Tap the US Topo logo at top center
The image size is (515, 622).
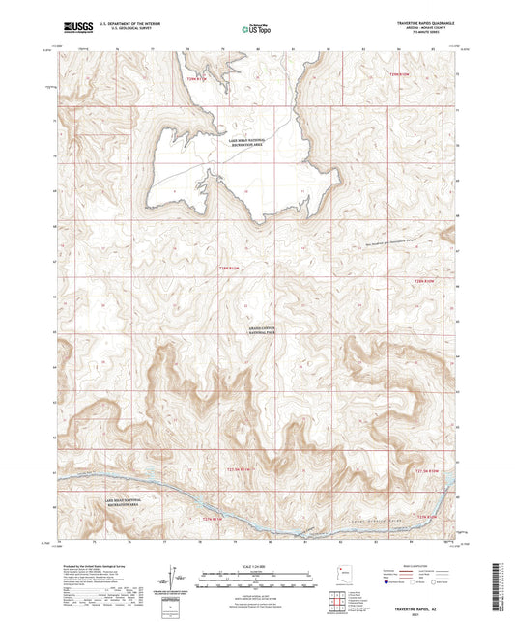256,30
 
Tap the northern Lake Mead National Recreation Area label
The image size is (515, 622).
255,142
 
